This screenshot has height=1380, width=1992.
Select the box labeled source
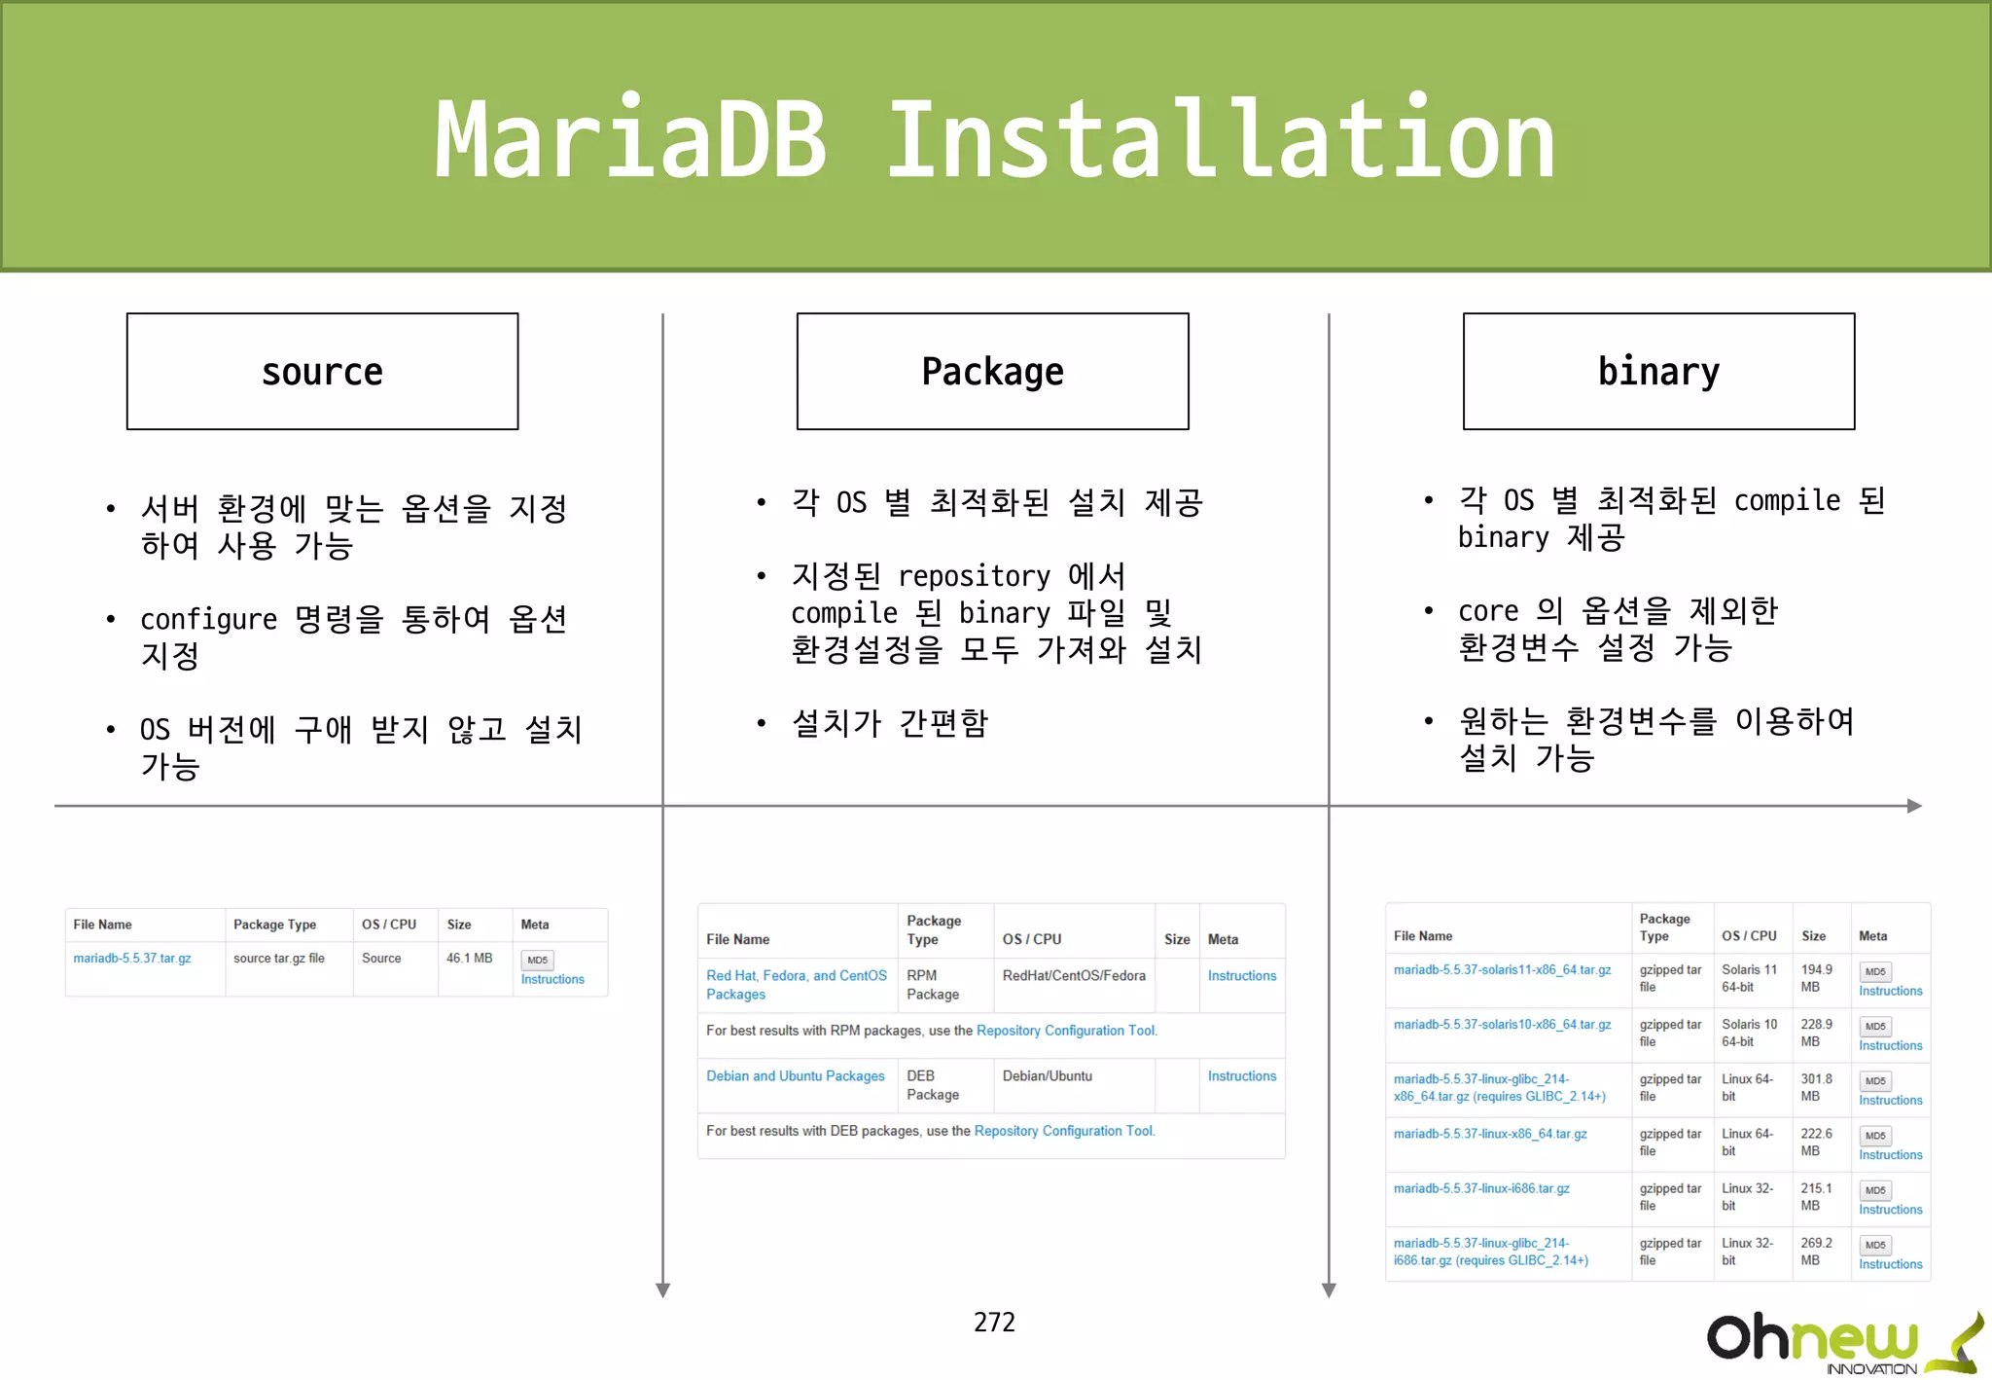pos(322,371)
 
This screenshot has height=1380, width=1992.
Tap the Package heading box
pos(992,371)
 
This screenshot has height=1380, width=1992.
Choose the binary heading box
pos(1658,371)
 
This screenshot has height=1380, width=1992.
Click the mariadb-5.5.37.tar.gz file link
pos(132,959)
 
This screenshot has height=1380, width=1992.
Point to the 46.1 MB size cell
pos(469,959)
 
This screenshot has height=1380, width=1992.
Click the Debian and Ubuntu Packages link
pos(795,1076)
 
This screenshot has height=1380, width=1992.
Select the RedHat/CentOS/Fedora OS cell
pos(1074,976)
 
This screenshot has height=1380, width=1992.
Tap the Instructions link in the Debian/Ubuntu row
pos(1241,1076)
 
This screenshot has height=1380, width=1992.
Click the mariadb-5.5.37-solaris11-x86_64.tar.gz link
pos(1502,970)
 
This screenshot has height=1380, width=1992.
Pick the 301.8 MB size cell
pos(1816,1087)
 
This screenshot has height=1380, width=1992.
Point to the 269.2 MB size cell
pos(1816,1252)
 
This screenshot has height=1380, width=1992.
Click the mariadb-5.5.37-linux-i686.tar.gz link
pos(1481,1189)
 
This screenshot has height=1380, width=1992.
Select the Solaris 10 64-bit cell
pos(1749,1033)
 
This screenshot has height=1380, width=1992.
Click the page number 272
pos(994,1322)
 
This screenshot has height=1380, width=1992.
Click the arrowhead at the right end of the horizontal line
pos(1914,806)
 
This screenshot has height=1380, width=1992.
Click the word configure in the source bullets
pos(208,620)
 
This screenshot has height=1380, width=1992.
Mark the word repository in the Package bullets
pos(974,576)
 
